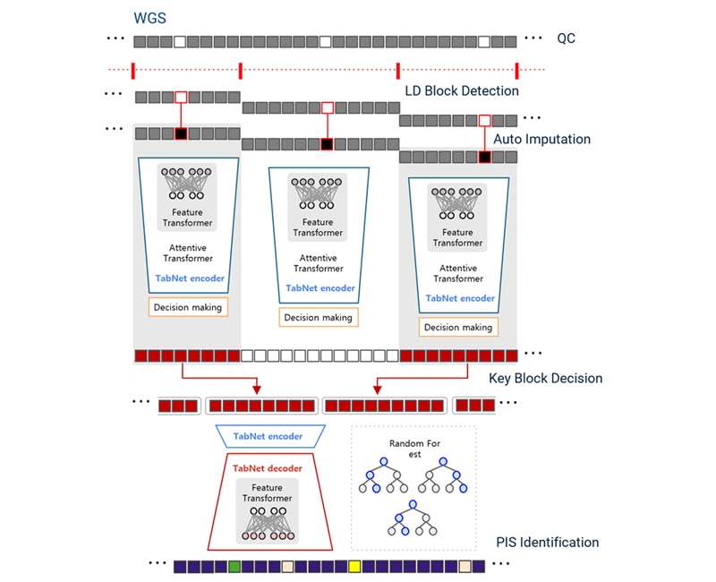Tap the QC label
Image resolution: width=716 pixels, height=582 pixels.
click(x=566, y=39)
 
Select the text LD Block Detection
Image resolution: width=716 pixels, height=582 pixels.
click(x=462, y=90)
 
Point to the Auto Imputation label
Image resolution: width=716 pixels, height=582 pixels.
click(x=542, y=140)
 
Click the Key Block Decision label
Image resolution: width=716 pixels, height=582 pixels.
click(x=545, y=378)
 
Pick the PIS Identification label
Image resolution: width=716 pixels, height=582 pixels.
click(x=547, y=542)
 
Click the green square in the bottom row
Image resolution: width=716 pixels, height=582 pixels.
click(x=234, y=567)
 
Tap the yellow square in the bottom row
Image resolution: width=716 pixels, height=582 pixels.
click(x=354, y=567)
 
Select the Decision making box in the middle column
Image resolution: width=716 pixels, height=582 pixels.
click(x=319, y=317)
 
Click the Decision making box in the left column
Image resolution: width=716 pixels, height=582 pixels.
click(x=188, y=307)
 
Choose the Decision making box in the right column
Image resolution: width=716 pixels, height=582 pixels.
click(x=458, y=327)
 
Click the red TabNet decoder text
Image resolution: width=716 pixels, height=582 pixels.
click(x=268, y=468)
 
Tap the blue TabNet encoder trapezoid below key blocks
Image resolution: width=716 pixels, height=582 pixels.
click(x=268, y=437)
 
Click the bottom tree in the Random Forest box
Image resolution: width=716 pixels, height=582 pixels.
click(x=413, y=518)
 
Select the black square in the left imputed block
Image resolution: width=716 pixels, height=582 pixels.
click(x=181, y=133)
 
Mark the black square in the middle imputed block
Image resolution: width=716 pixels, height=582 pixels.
click(x=327, y=144)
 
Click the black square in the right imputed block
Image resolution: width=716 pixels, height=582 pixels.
click(x=484, y=157)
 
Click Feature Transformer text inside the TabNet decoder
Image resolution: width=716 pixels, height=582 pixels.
click(x=268, y=492)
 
